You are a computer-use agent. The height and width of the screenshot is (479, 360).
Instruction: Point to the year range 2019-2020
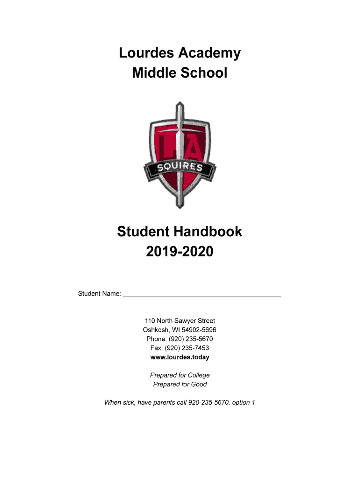[x=180, y=252]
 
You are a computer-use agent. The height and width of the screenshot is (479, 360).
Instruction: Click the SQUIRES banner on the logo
[x=180, y=167]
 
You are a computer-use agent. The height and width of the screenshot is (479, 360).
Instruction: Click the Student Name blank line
[x=202, y=294]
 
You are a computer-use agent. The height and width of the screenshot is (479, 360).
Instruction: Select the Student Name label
[x=99, y=294]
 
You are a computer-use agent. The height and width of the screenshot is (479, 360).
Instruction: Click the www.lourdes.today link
[x=180, y=357]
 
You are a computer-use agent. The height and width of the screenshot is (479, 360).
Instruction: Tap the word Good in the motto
[x=199, y=385]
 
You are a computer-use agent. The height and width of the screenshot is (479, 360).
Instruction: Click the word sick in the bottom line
[x=129, y=402]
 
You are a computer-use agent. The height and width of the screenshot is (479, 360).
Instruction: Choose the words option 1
[x=242, y=402]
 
